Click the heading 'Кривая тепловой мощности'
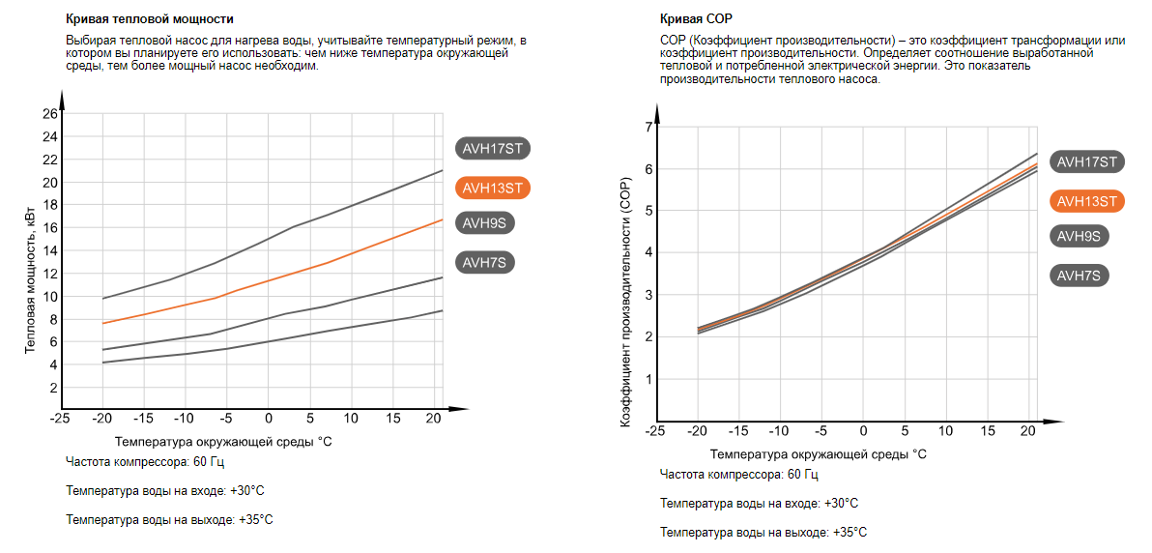click(x=149, y=19)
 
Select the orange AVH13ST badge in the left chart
click(x=497, y=188)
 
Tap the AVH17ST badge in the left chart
click(x=494, y=148)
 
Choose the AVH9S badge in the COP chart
click(x=1081, y=236)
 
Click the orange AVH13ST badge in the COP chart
click(x=1086, y=201)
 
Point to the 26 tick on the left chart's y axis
click(x=49, y=114)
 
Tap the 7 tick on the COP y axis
click(x=648, y=128)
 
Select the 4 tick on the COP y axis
click(x=648, y=253)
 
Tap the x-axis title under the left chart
click(x=223, y=441)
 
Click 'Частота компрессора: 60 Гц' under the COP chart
click(x=739, y=475)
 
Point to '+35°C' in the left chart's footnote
click(x=256, y=519)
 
